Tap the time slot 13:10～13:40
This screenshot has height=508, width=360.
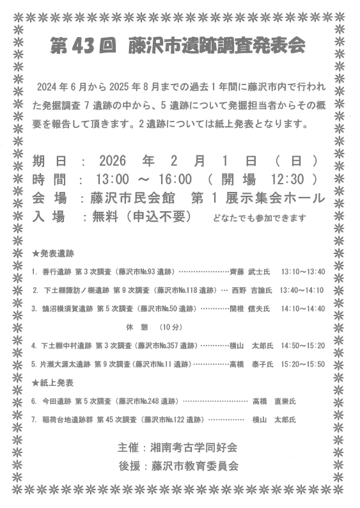(x=303, y=271)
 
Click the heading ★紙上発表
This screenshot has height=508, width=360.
(x=53, y=383)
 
